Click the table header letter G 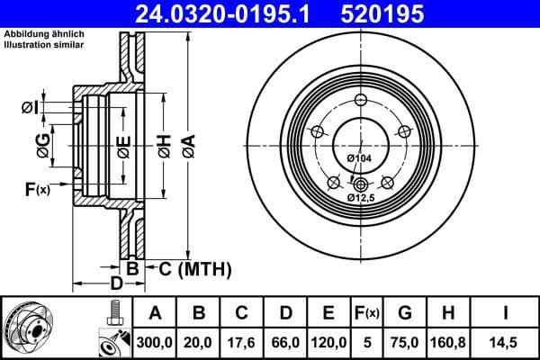pos(405,313)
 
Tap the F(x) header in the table pos(366,313)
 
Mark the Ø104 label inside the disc pos(359,159)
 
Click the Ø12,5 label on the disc pos(360,197)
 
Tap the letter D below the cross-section pos(116,284)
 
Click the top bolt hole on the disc pos(361,100)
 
